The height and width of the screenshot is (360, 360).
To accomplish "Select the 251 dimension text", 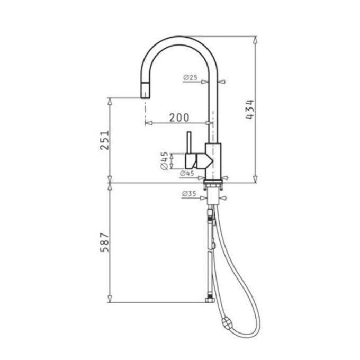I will tap(105, 140).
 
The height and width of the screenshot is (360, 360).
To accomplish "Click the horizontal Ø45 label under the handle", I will tap(187, 173).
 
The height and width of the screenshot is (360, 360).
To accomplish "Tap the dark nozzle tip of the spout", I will tap(144, 94).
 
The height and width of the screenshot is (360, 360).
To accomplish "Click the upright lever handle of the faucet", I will tap(187, 143).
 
